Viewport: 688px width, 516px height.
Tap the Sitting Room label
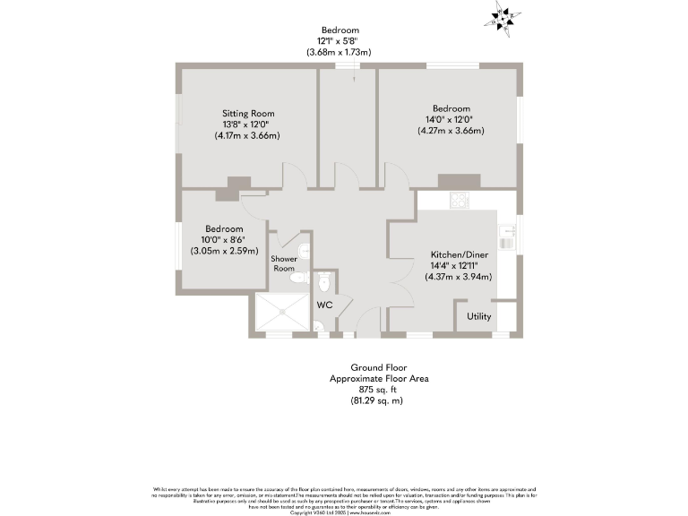coord(248,114)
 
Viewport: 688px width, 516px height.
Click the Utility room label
coord(478,316)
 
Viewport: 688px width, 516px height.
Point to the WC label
coord(323,305)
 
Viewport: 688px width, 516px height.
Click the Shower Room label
coord(284,263)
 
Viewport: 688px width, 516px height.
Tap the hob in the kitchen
coord(460,201)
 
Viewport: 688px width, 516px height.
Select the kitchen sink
coord(507,235)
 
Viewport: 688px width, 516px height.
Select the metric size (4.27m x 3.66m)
coord(451,131)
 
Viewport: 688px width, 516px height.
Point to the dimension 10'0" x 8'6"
coord(223,239)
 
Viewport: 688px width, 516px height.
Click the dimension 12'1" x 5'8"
coord(344,41)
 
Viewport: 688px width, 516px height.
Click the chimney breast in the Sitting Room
coord(238,185)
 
